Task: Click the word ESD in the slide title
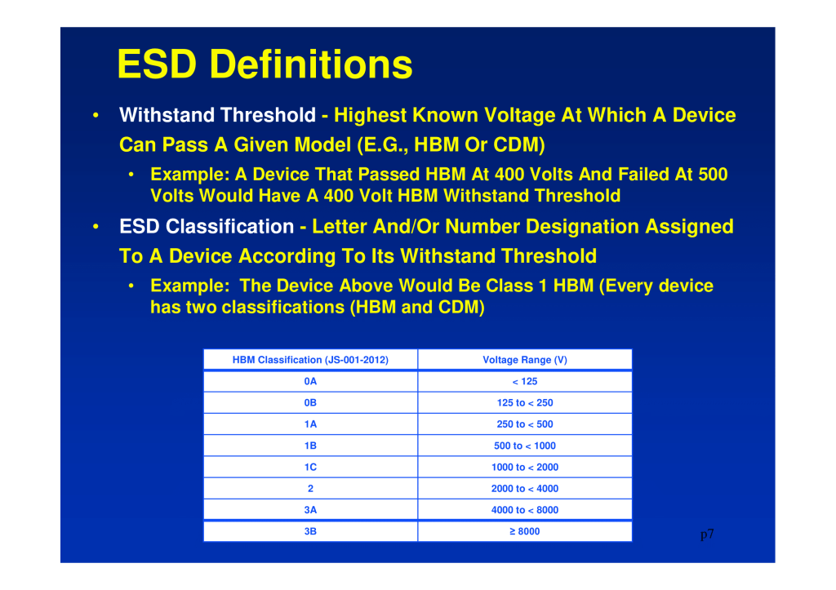coord(158,64)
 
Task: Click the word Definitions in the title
coord(311,64)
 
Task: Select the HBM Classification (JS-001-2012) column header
coord(310,360)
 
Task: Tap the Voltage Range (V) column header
coord(525,360)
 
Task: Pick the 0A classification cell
coord(310,382)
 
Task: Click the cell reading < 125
coord(525,382)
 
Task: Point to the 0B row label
coord(310,403)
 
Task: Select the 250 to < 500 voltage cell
coord(525,424)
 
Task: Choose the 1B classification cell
coord(310,446)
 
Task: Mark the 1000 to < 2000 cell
coord(525,467)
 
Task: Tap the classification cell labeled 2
coord(310,488)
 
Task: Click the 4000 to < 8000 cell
coord(525,510)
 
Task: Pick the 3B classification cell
coord(310,531)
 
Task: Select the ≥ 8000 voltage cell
coord(525,531)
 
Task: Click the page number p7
coord(707,535)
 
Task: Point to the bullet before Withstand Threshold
coord(96,115)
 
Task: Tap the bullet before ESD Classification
coord(96,227)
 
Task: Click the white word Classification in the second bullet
coord(229,227)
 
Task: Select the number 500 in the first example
coord(713,175)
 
